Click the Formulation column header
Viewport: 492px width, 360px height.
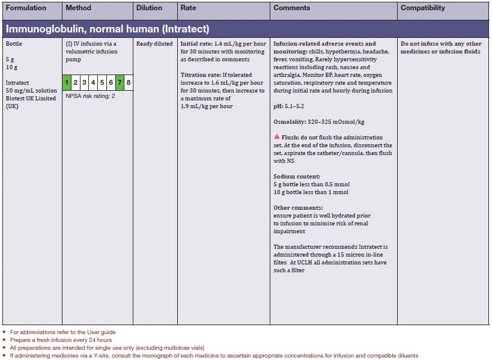(26, 8)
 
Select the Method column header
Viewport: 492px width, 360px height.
(78, 8)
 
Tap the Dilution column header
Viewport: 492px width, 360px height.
(149, 8)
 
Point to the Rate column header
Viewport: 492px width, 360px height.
(188, 8)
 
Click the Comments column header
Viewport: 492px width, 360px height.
(291, 8)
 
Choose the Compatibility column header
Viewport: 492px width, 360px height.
(423, 8)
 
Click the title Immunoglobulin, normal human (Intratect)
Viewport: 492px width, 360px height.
(108, 29)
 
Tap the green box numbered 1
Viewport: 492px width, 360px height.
(67, 82)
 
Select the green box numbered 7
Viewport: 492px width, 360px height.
(120, 82)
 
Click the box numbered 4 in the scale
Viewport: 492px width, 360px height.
(94, 82)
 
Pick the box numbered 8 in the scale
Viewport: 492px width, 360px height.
(129, 82)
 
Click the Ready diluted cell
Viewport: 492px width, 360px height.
(154, 44)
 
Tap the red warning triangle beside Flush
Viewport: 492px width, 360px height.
(276, 137)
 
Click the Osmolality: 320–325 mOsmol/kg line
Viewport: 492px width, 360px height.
(319, 122)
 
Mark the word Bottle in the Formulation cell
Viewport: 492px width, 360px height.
(14, 44)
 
